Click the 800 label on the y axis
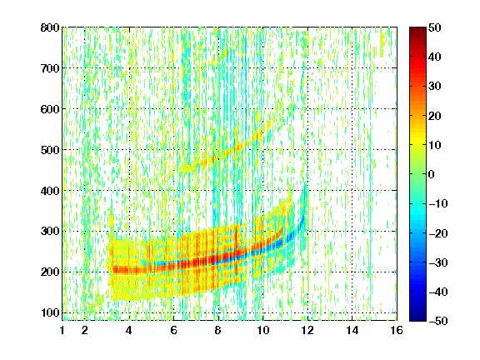tap(50, 27)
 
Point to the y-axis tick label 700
tap(50, 68)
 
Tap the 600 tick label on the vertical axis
tap(50, 109)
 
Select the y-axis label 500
tap(50, 150)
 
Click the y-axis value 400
tap(50, 191)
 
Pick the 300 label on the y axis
tap(50, 231)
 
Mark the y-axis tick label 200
tap(50, 272)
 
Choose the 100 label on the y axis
tap(50, 312)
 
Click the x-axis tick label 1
tap(62, 330)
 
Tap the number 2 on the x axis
tap(85, 330)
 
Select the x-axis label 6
tap(174, 330)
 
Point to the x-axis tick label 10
tap(262, 330)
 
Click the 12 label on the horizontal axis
tap(307, 330)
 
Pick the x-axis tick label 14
tap(352, 330)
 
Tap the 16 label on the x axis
tap(397, 330)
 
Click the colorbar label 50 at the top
tap(435, 27)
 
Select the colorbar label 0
tap(432, 174)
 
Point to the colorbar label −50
tap(438, 321)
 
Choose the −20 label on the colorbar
tap(438, 233)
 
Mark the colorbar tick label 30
tap(435, 86)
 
